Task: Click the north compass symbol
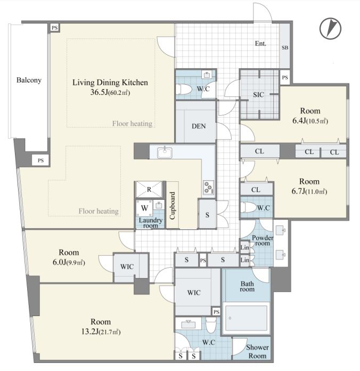[330, 28]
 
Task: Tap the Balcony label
[29, 80]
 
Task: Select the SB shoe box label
[285, 47]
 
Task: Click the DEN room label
[199, 126]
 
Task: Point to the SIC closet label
[258, 95]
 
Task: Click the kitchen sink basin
[165, 152]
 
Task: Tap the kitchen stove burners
[209, 187]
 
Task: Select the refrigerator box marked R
[149, 189]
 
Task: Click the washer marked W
[144, 208]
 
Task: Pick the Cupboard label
[173, 205]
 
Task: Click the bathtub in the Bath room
[246, 318]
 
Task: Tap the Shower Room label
[257, 351]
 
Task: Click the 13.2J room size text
[101, 332]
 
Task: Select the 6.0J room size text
[69, 262]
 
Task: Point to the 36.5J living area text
[110, 92]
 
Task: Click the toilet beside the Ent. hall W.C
[183, 90]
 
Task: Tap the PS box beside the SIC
[285, 77]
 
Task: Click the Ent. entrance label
[260, 44]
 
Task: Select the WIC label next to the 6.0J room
[127, 267]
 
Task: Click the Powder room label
[263, 240]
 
